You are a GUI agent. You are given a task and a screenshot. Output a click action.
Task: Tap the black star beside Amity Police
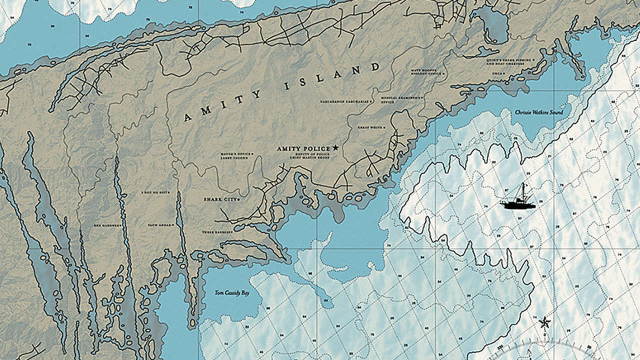coord(335,148)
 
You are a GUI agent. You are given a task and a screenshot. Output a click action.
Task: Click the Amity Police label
coord(303,148)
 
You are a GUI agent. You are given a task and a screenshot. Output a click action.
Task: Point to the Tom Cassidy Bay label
coord(232,293)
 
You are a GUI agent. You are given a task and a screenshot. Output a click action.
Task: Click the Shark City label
coord(220,199)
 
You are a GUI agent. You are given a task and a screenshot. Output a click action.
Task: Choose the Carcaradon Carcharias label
coord(346,101)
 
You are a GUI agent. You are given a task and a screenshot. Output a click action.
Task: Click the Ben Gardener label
coord(108,225)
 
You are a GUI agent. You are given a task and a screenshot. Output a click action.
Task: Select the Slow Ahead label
coord(161,225)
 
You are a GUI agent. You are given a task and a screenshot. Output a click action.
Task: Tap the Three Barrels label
coord(215,232)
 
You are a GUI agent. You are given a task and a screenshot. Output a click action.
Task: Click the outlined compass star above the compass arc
coord(544,322)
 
